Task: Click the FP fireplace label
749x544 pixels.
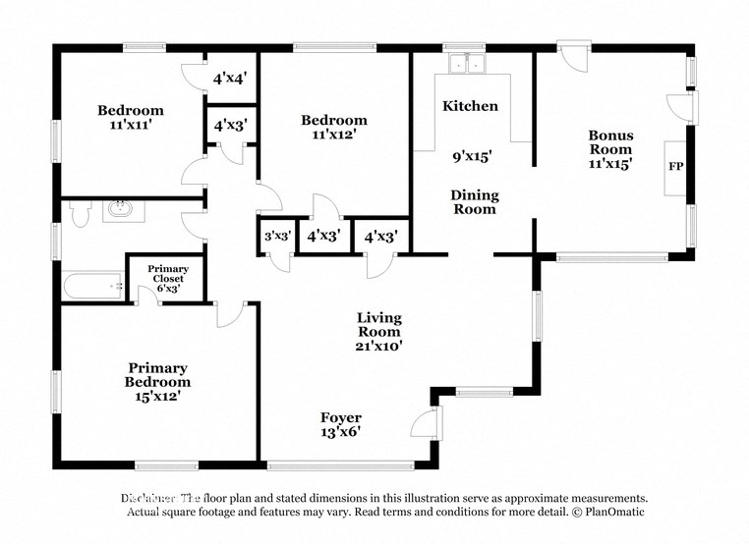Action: pos(675,166)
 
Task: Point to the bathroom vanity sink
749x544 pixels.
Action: pos(122,210)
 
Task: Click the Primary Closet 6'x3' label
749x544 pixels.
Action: pos(167,279)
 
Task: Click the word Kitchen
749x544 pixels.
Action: pos(470,106)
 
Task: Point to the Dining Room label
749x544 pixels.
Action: pos(475,201)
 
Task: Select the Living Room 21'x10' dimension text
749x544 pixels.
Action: pos(378,346)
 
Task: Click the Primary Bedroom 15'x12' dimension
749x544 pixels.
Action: pos(157,397)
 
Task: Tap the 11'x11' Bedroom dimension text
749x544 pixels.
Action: pos(130,126)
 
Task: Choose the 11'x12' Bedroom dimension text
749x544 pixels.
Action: pos(333,135)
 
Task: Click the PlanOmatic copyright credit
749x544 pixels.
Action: pos(607,513)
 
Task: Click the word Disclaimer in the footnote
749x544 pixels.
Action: pos(148,498)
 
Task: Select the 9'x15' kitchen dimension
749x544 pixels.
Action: pos(472,156)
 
